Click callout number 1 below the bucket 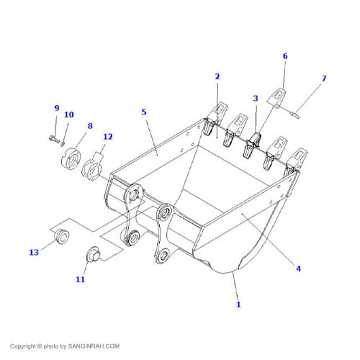tap(238, 305)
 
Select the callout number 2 tap(217, 76)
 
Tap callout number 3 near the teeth tap(255, 98)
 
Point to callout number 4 tap(298, 269)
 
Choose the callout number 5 tap(144, 112)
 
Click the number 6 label tap(284, 56)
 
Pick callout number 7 tap(323, 78)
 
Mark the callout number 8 tap(90, 126)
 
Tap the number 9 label tap(57, 108)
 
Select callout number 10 tap(69, 114)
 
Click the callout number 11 tap(81, 279)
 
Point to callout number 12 tap(108, 136)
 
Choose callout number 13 tap(34, 252)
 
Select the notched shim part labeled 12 tap(96, 167)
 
